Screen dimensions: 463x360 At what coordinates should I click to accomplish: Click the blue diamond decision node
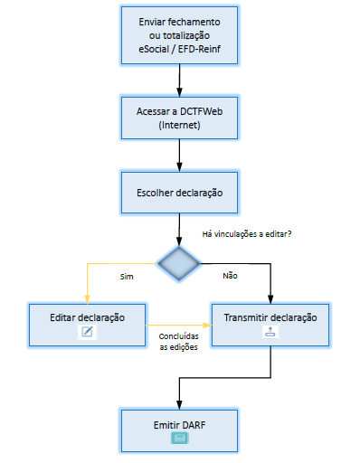point(180,263)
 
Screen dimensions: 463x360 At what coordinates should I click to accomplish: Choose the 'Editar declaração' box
point(88,324)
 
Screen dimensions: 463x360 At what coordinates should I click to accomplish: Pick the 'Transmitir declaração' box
point(271,324)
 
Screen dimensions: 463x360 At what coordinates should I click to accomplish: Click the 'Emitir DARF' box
point(180,429)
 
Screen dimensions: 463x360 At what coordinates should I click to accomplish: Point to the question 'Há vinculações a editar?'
point(252,234)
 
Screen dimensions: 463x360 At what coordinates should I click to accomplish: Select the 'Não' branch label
point(230,275)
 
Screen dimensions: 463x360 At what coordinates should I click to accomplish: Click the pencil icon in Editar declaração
point(88,332)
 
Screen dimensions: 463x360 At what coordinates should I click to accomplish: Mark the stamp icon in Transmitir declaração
point(271,332)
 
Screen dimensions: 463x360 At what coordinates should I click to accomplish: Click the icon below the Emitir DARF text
point(180,438)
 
